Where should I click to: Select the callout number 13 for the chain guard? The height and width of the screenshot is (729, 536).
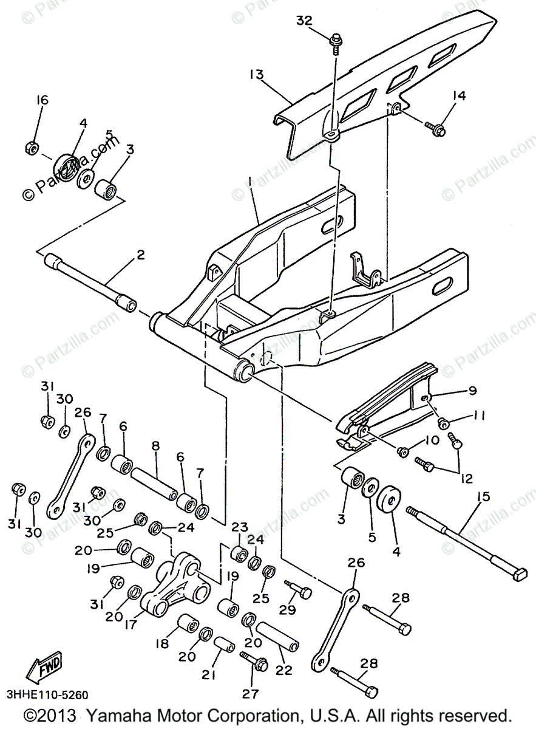pos(256,75)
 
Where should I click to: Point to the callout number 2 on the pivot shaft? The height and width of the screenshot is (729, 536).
pos(140,256)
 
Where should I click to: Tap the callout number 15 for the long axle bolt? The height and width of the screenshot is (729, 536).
pos(483,497)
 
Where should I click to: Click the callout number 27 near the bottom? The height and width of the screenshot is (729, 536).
pos(250,693)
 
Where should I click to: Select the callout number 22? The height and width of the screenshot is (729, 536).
pos(283,670)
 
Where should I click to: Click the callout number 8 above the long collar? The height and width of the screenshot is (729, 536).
pos(155,446)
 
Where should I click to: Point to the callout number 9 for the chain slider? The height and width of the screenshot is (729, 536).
pos(472,391)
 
